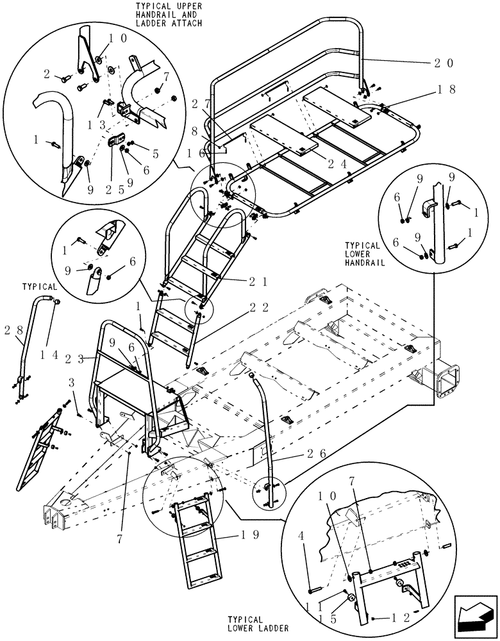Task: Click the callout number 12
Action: [x=390, y=618]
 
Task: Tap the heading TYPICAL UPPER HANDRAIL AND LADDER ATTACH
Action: [x=169, y=14]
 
